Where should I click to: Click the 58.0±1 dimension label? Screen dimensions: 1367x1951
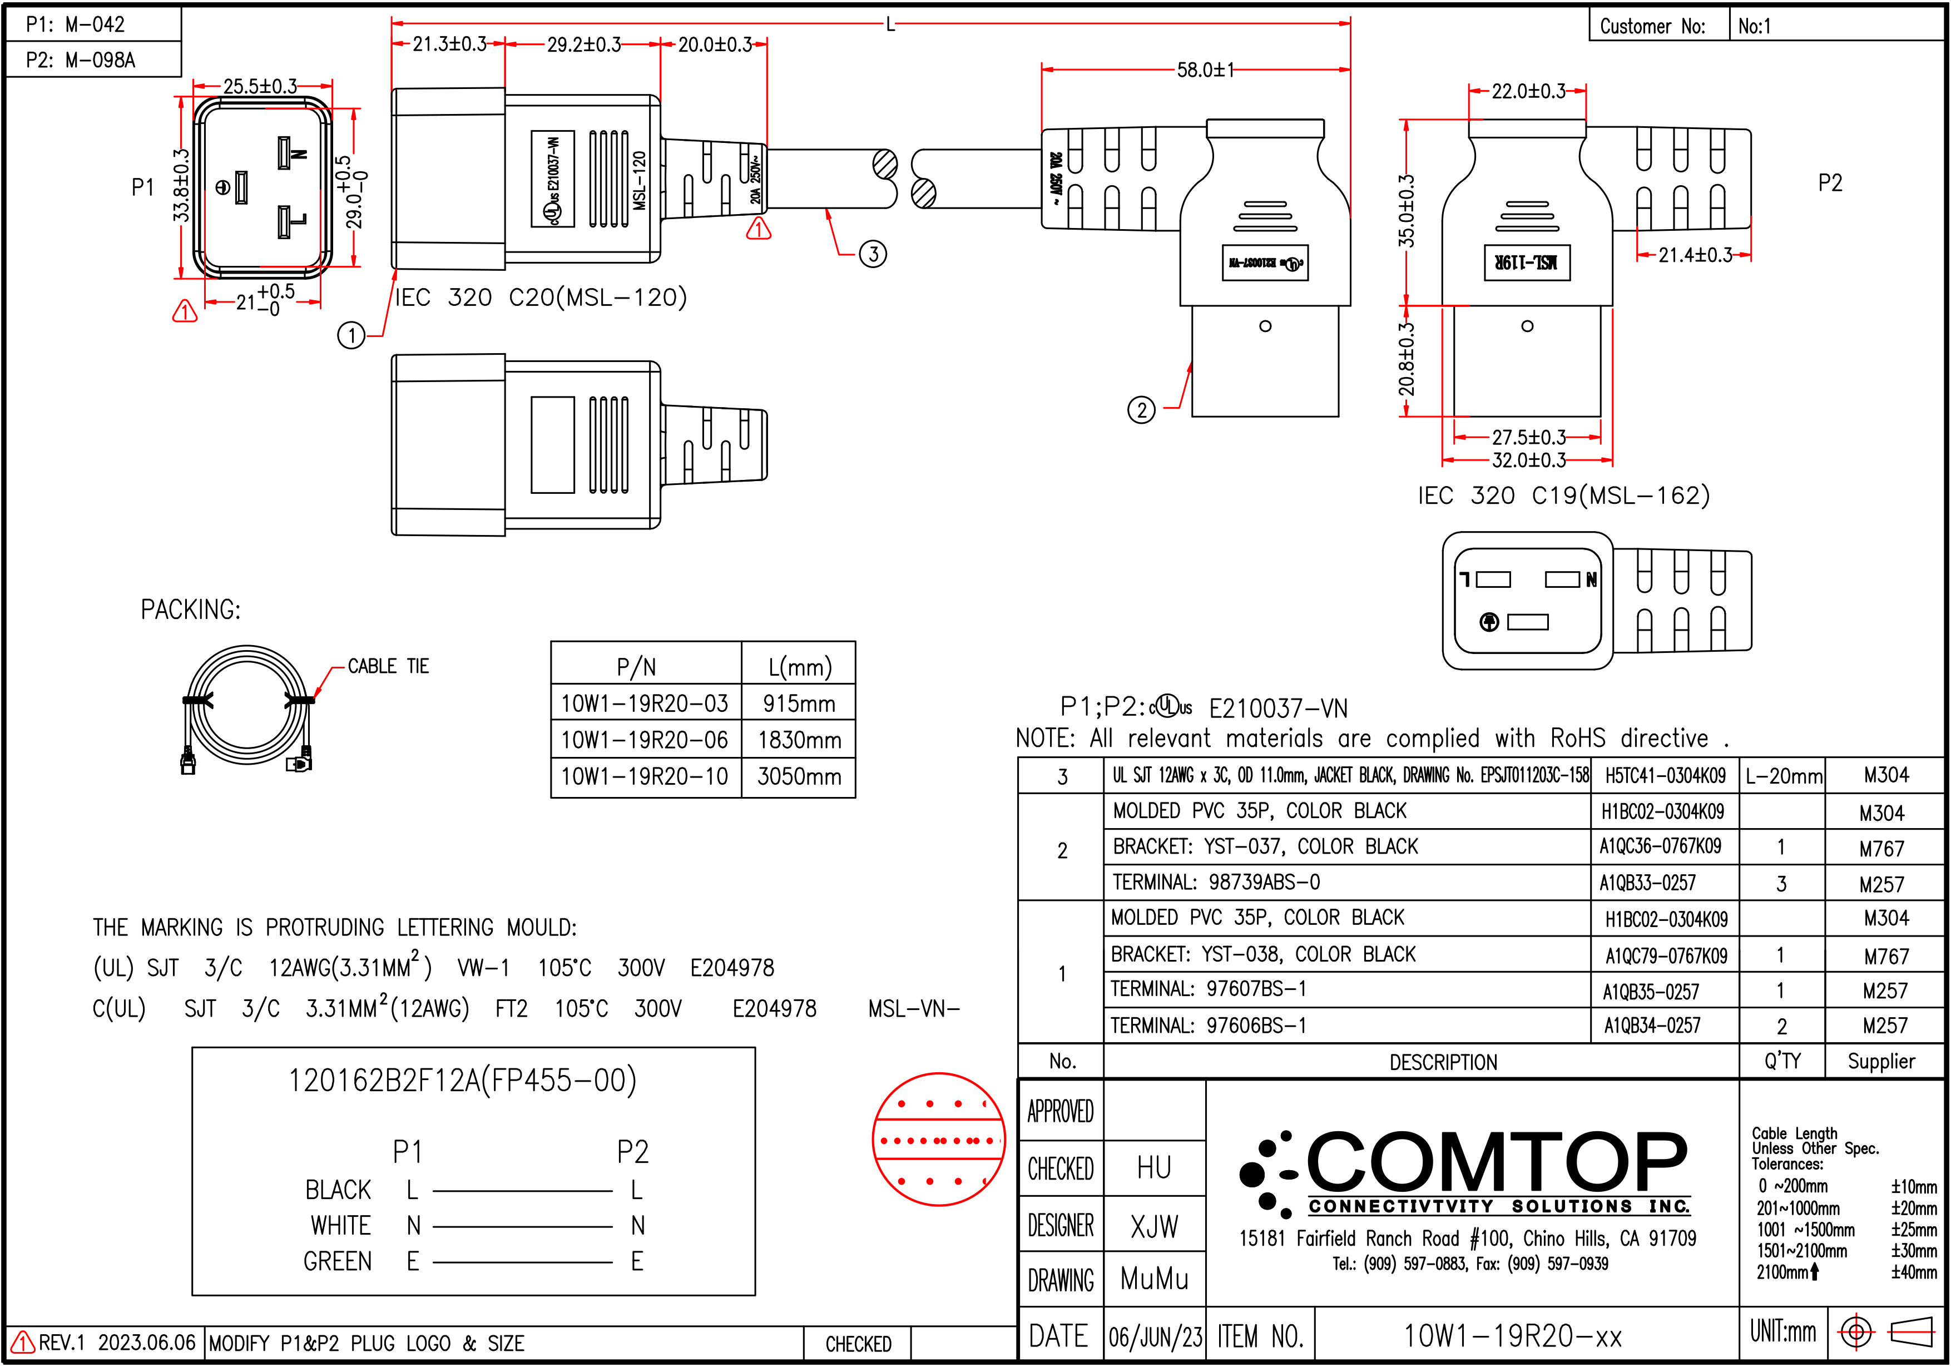1205,70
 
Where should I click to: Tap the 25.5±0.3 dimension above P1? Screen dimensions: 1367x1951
260,86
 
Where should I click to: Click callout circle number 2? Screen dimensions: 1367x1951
1141,410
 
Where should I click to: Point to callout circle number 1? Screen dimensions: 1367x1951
351,335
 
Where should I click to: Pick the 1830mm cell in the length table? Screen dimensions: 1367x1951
799,740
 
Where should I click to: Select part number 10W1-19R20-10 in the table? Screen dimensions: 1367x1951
644,776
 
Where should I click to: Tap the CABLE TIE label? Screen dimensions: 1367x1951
388,666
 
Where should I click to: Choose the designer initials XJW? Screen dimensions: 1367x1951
1154,1226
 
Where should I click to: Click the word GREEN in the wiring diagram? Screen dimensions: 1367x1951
338,1262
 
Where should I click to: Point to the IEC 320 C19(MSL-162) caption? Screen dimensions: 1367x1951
1563,496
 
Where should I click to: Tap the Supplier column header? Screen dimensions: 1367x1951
1881,1061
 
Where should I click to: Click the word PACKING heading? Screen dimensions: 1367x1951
190,609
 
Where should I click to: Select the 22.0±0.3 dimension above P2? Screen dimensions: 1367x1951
1528,91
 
